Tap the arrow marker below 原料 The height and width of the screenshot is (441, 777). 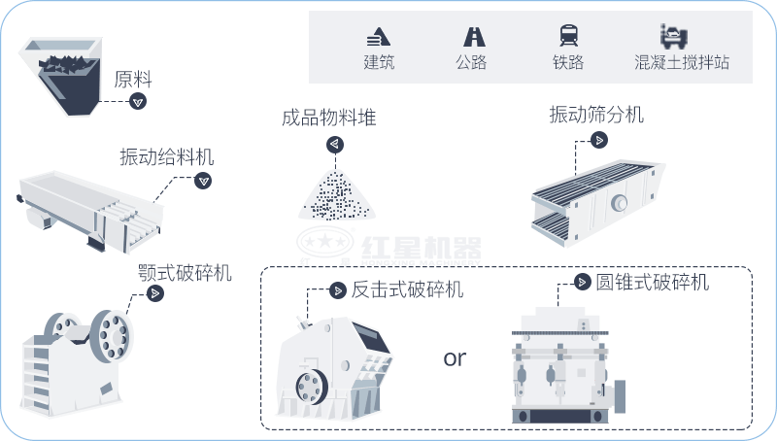138,101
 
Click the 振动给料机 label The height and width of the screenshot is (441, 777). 166,156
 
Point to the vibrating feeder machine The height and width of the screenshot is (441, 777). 87,205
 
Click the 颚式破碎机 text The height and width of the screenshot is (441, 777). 186,272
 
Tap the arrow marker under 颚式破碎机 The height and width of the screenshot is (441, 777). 153,293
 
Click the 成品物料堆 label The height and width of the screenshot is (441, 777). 328,119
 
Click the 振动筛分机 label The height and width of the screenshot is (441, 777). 596,115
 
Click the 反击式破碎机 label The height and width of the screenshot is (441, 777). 407,288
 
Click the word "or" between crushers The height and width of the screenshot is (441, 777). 455,357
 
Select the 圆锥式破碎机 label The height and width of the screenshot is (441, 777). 652,282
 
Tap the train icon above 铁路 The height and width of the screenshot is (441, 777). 568,36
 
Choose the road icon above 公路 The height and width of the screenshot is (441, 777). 474,36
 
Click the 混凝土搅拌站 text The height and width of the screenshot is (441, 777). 680,63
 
